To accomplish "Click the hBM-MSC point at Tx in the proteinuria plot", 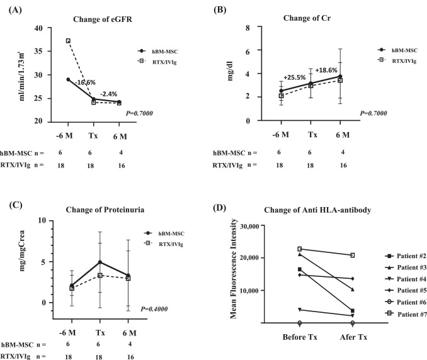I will pos(99,262).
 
